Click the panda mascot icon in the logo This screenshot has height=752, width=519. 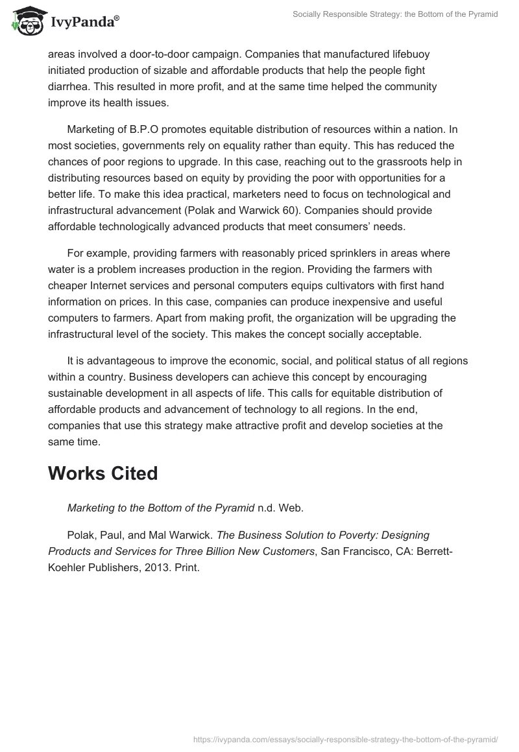(25, 21)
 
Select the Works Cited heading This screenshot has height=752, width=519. (103, 473)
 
